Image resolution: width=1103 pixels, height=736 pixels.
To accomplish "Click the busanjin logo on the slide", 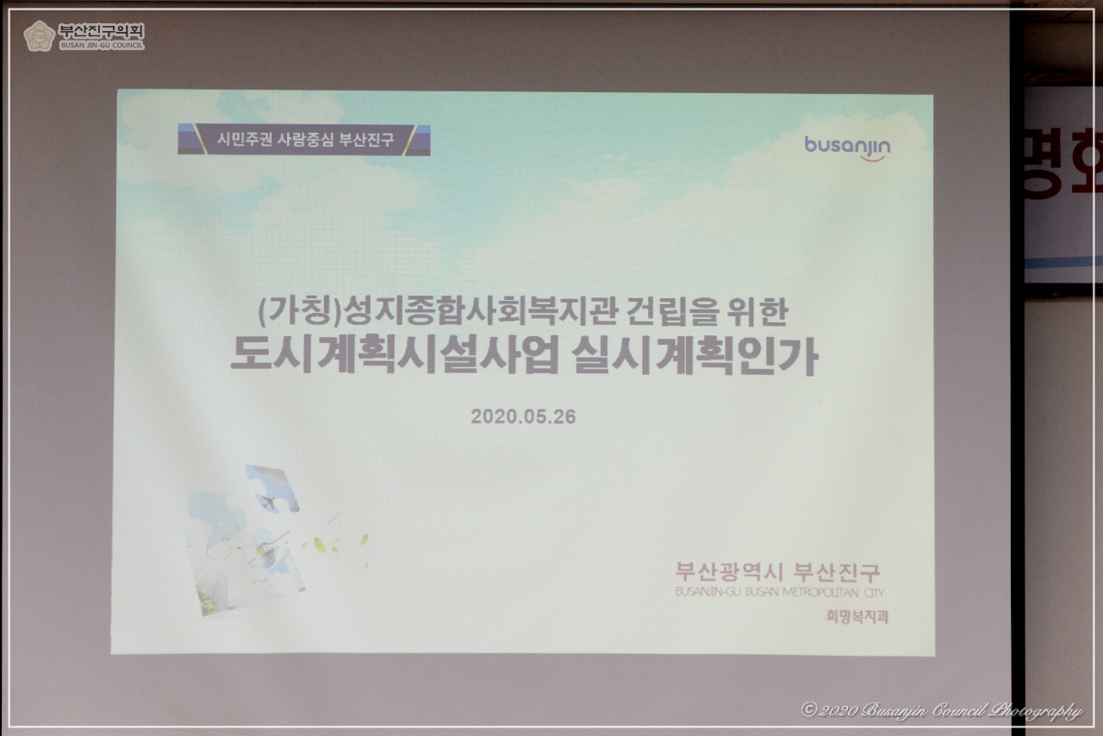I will [x=847, y=147].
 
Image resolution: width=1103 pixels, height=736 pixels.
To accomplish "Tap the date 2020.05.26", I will [x=523, y=416].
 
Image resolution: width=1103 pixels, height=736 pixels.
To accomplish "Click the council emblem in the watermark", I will [x=39, y=36].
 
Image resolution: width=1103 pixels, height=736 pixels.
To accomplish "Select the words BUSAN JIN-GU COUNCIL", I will [x=101, y=46].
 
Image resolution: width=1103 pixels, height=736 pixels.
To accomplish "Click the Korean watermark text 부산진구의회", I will [x=101, y=31].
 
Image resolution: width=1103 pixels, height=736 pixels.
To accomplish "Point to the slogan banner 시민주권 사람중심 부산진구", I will [x=304, y=140].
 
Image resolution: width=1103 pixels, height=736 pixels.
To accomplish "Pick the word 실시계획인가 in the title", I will [x=695, y=357].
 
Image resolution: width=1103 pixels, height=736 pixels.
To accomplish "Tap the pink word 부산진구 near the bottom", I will [x=837, y=572].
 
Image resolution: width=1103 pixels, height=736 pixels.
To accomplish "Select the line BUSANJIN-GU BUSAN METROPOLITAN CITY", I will [x=779, y=593].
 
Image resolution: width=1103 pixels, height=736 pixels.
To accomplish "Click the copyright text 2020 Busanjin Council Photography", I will [x=941, y=710].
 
